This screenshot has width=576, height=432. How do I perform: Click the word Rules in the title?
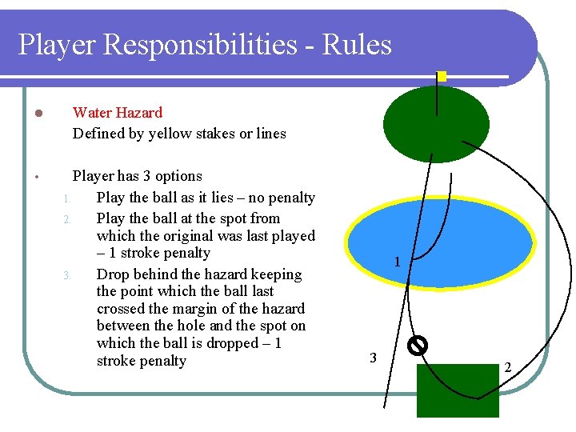click(x=357, y=46)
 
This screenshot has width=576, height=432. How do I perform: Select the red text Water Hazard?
click(x=118, y=113)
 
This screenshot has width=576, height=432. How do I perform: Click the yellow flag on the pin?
click(x=441, y=77)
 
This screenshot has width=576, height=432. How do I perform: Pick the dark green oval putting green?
click(x=436, y=124)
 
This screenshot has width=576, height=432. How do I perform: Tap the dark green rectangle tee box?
click(x=458, y=390)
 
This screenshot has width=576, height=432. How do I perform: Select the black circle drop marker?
click(x=417, y=345)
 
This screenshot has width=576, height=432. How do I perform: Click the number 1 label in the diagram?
click(x=397, y=262)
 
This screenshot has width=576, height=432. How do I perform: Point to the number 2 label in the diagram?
click(x=507, y=367)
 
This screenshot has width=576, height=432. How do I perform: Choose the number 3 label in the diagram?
click(x=373, y=357)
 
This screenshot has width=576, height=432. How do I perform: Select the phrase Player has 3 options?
click(x=138, y=176)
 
